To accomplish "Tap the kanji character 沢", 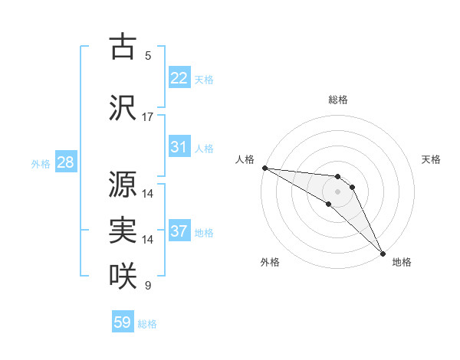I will pos(123,106).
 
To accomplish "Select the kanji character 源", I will pos(123,183).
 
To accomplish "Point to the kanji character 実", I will pos(123,230).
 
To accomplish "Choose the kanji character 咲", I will pos(123,275).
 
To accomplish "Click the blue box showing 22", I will pos(179,78).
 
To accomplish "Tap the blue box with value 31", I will pos(179,147).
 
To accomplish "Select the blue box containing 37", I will pos(179,231).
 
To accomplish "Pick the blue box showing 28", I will pos(65,162).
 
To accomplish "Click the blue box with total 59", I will pos(123,322).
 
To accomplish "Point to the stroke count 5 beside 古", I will pos(148,56).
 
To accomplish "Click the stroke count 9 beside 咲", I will pos(148,286).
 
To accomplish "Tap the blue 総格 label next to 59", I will pos(148,324).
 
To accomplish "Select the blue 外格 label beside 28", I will pos(41,163).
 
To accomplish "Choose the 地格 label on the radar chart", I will pos(402,262).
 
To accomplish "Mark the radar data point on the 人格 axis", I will pos(264,168).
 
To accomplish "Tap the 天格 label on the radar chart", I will pos(432,159).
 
